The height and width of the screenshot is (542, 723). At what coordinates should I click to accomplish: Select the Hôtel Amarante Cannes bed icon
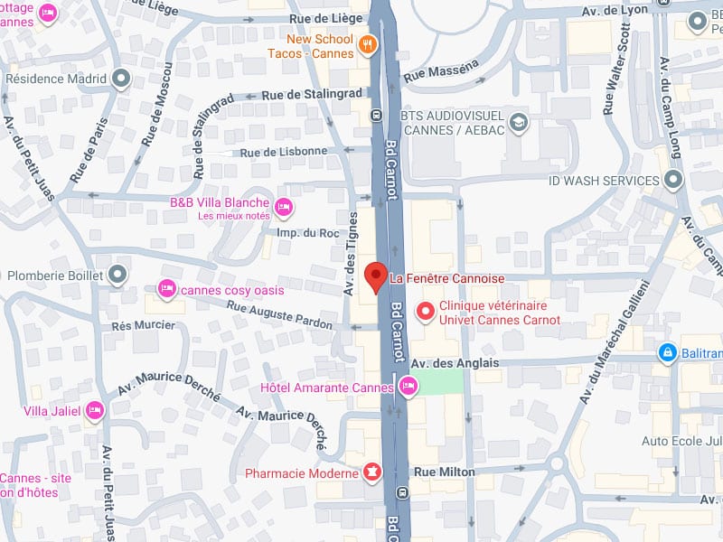(408, 388)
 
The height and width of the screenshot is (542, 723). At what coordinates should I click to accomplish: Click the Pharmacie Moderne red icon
(371, 472)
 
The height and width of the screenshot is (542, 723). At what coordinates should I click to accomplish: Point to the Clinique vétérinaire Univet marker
(425, 312)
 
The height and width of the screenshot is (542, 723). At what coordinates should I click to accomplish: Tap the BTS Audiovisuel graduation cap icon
(519, 121)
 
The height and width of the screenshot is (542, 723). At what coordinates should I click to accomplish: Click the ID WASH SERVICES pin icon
(672, 181)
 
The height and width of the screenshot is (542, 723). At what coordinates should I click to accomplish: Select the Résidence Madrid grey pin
(121, 79)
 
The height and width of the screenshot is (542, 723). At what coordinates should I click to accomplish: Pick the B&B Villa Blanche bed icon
(283, 208)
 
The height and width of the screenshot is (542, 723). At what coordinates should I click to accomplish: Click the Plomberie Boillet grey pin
(117, 274)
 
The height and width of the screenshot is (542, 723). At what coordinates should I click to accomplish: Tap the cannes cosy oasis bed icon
(166, 289)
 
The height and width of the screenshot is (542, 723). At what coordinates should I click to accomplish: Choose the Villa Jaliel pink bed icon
(94, 412)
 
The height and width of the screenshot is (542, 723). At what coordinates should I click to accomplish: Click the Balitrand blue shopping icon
(667, 351)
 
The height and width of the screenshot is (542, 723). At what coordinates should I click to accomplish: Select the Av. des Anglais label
(455, 363)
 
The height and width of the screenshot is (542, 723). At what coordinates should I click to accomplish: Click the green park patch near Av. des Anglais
(439, 382)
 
